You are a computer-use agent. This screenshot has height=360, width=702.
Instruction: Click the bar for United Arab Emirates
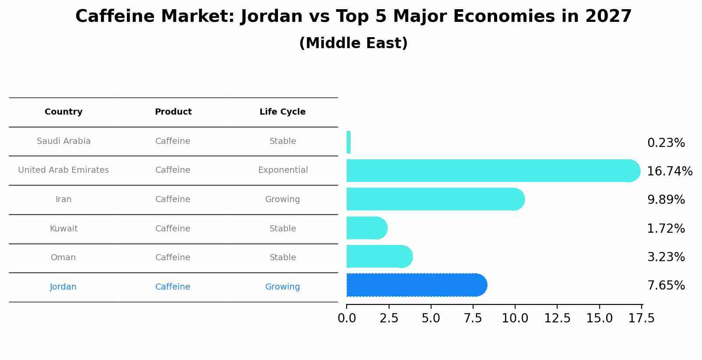point(490,171)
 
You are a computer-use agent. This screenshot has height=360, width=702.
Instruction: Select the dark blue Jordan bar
point(416,285)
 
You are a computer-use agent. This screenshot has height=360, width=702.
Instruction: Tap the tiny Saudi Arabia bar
point(348,142)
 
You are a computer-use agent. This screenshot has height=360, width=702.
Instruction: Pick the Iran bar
point(433,199)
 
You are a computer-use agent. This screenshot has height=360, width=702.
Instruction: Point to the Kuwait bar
point(366,228)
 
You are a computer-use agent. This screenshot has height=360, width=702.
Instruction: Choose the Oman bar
point(379,256)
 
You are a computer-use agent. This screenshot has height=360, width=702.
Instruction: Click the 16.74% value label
point(670,171)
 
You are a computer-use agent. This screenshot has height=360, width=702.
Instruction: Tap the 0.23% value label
point(666,143)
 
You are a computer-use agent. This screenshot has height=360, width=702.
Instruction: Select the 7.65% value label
point(666,286)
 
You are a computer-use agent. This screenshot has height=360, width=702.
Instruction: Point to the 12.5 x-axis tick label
point(557,318)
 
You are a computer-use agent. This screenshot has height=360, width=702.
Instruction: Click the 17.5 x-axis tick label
point(642,318)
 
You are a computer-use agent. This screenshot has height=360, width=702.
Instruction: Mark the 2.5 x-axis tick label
point(389,318)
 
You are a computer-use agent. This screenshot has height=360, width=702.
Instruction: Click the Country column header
point(63,112)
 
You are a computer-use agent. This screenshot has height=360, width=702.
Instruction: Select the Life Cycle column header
point(282,112)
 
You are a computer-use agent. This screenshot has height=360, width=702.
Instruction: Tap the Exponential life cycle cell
point(283,170)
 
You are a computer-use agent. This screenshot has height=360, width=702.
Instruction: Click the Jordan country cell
point(63,287)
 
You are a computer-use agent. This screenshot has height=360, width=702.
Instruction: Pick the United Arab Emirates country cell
point(63,170)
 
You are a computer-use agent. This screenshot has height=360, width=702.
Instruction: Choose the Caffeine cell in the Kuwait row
point(172,229)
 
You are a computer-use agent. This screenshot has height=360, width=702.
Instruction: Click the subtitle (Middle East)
point(353,43)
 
